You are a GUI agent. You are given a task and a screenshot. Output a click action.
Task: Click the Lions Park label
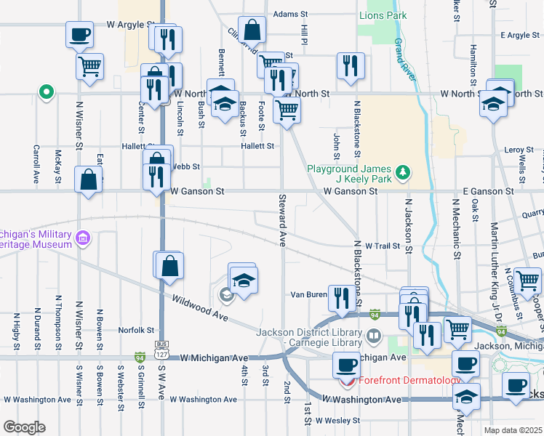[382, 15]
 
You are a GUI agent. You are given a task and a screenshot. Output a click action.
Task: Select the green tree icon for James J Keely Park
[402, 173]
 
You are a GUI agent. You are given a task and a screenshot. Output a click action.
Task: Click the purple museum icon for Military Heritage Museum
[82, 238]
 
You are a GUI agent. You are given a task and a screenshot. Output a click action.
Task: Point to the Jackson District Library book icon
[373, 336]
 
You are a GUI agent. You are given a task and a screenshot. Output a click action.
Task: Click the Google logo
[24, 427]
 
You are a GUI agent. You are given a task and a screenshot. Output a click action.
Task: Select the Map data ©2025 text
[513, 430]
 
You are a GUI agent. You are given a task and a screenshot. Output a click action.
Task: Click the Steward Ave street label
[281, 219]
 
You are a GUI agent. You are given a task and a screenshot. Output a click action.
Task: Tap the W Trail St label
[383, 246]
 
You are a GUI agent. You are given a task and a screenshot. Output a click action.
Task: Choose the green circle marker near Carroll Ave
[46, 92]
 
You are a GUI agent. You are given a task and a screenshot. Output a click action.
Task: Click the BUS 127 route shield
[161, 349]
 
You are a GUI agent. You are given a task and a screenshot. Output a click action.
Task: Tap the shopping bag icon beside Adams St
[251, 31]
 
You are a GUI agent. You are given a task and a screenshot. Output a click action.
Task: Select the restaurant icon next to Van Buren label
[339, 296]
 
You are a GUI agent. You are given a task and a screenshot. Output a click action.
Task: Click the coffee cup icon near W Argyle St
[80, 33]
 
